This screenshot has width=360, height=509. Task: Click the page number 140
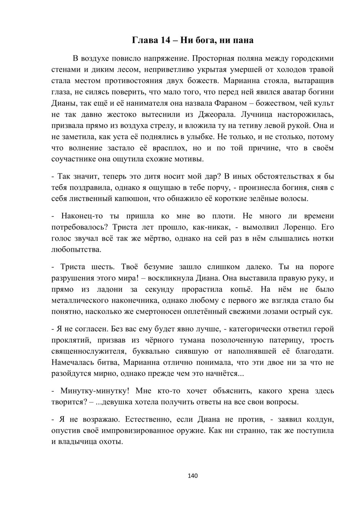pyautogui.click(x=193, y=476)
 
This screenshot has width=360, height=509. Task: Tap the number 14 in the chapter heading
pyautogui.click(x=165, y=40)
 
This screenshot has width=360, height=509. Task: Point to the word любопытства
pyautogui.click(x=76, y=249)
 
